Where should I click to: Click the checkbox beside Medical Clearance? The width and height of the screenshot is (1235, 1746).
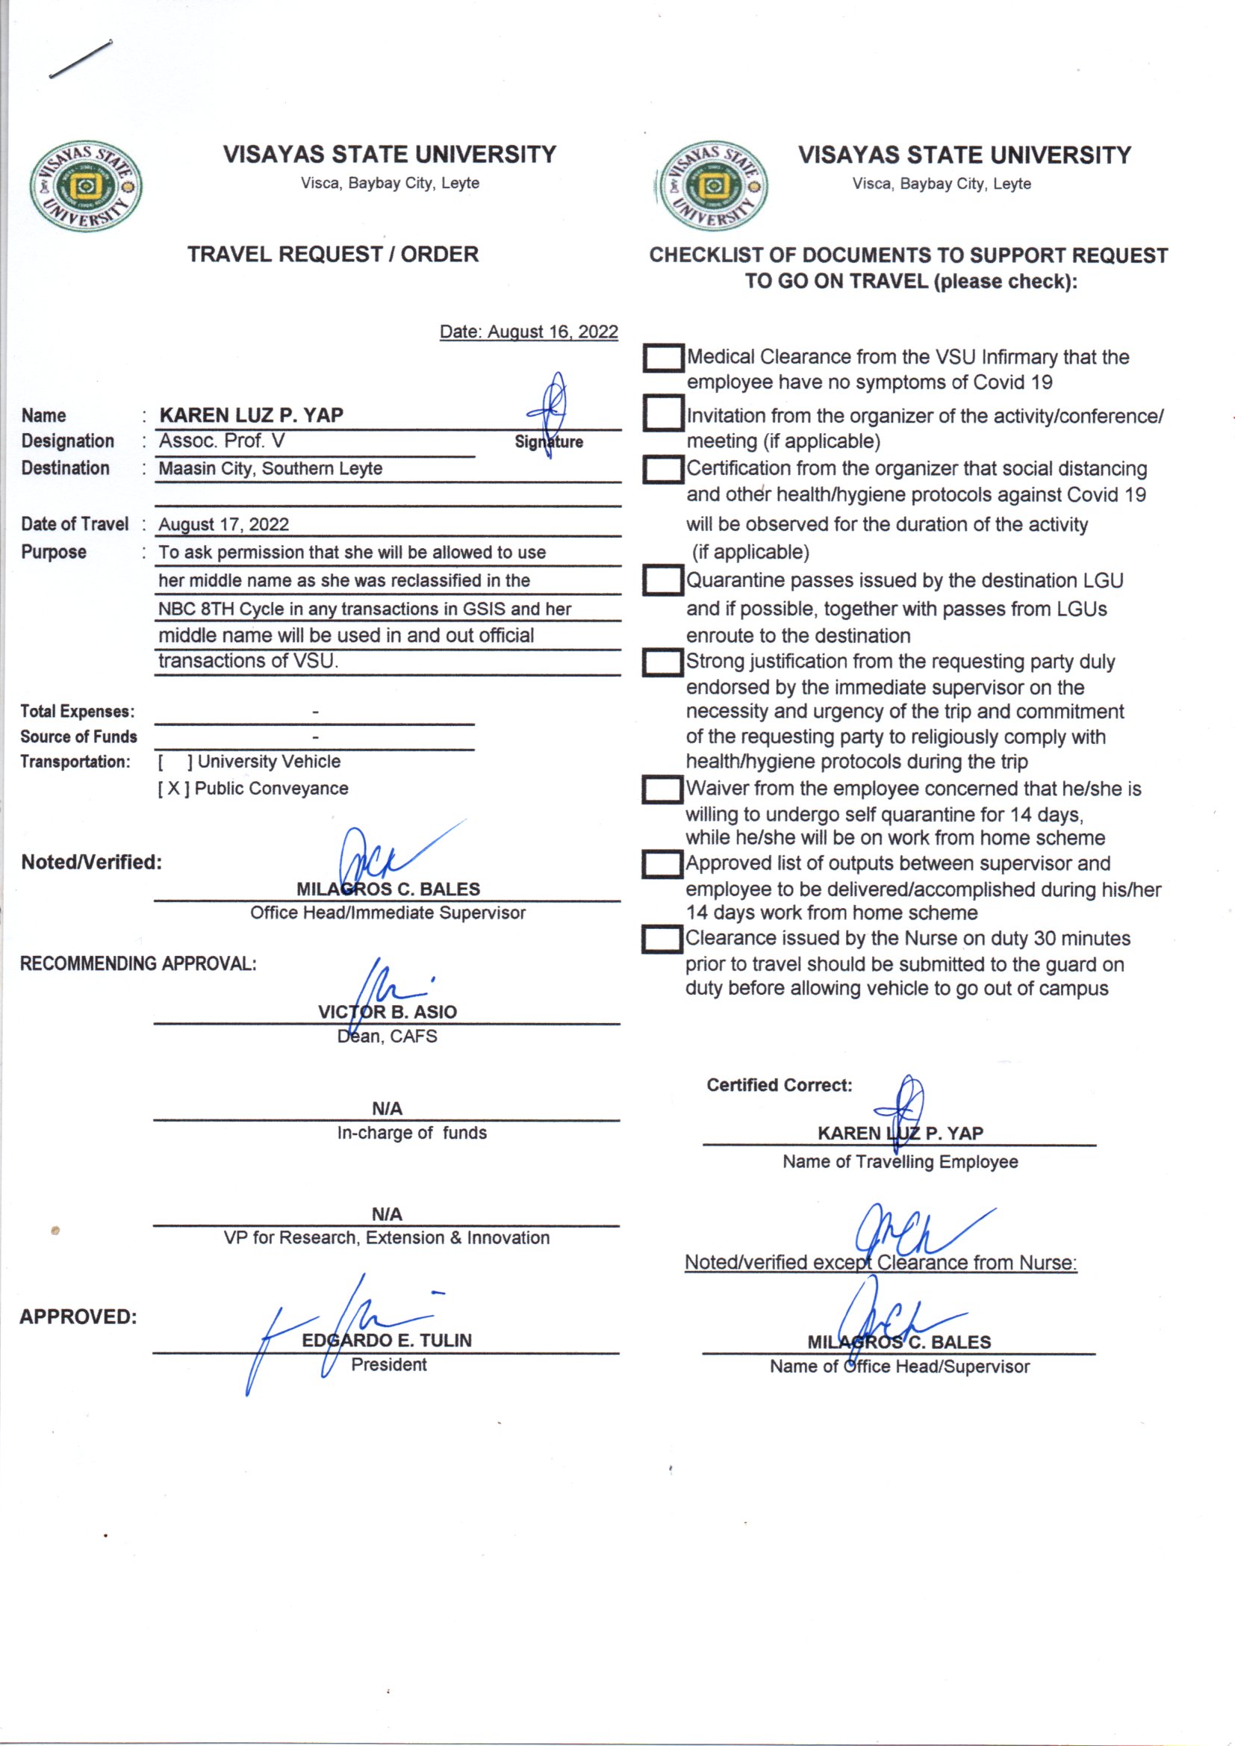click(662, 358)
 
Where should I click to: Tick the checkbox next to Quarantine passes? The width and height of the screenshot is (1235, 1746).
click(662, 581)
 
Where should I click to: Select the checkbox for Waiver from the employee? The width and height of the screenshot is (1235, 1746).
click(662, 789)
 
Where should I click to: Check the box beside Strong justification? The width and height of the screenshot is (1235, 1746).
click(662, 662)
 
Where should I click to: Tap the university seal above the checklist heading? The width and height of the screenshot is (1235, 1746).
click(712, 186)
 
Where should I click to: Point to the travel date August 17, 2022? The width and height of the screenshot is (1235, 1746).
click(223, 525)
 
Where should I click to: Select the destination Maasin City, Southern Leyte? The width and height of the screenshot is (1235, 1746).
click(270, 468)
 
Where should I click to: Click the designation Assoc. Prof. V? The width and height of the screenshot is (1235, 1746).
click(221, 441)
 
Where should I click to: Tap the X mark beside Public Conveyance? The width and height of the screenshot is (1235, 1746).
click(174, 789)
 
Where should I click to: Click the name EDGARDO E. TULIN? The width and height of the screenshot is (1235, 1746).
click(386, 1340)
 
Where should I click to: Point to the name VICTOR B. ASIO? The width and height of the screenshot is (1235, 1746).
click(387, 1012)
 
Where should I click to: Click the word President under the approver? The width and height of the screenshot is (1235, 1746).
click(388, 1365)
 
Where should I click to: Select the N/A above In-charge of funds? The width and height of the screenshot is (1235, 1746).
click(387, 1109)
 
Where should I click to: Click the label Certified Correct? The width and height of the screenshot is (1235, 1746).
click(779, 1085)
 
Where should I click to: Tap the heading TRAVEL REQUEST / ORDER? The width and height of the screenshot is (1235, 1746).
click(333, 254)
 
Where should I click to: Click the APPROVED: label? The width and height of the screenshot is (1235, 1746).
click(78, 1317)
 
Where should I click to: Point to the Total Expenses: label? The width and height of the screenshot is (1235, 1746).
click(78, 712)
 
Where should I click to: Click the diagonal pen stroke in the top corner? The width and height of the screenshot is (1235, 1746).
click(81, 58)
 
